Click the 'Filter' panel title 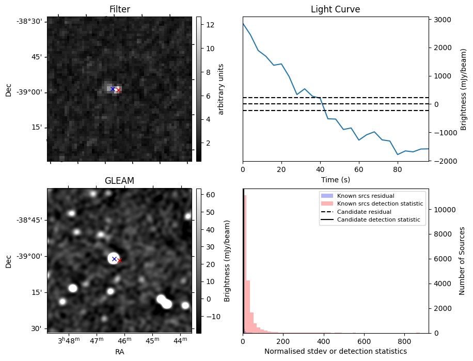click(119, 9)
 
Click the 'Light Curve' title click(335, 9)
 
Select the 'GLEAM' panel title click(119, 181)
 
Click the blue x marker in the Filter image click(113, 89)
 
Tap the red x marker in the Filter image click(118, 90)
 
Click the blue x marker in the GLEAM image click(114, 259)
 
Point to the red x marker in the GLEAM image click(120, 261)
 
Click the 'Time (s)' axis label click(335, 179)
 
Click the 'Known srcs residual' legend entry click(365, 196)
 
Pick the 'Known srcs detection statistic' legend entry click(380, 204)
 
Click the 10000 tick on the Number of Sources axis click(443, 210)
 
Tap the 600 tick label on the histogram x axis click(364, 341)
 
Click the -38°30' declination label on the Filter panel click(31, 21)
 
